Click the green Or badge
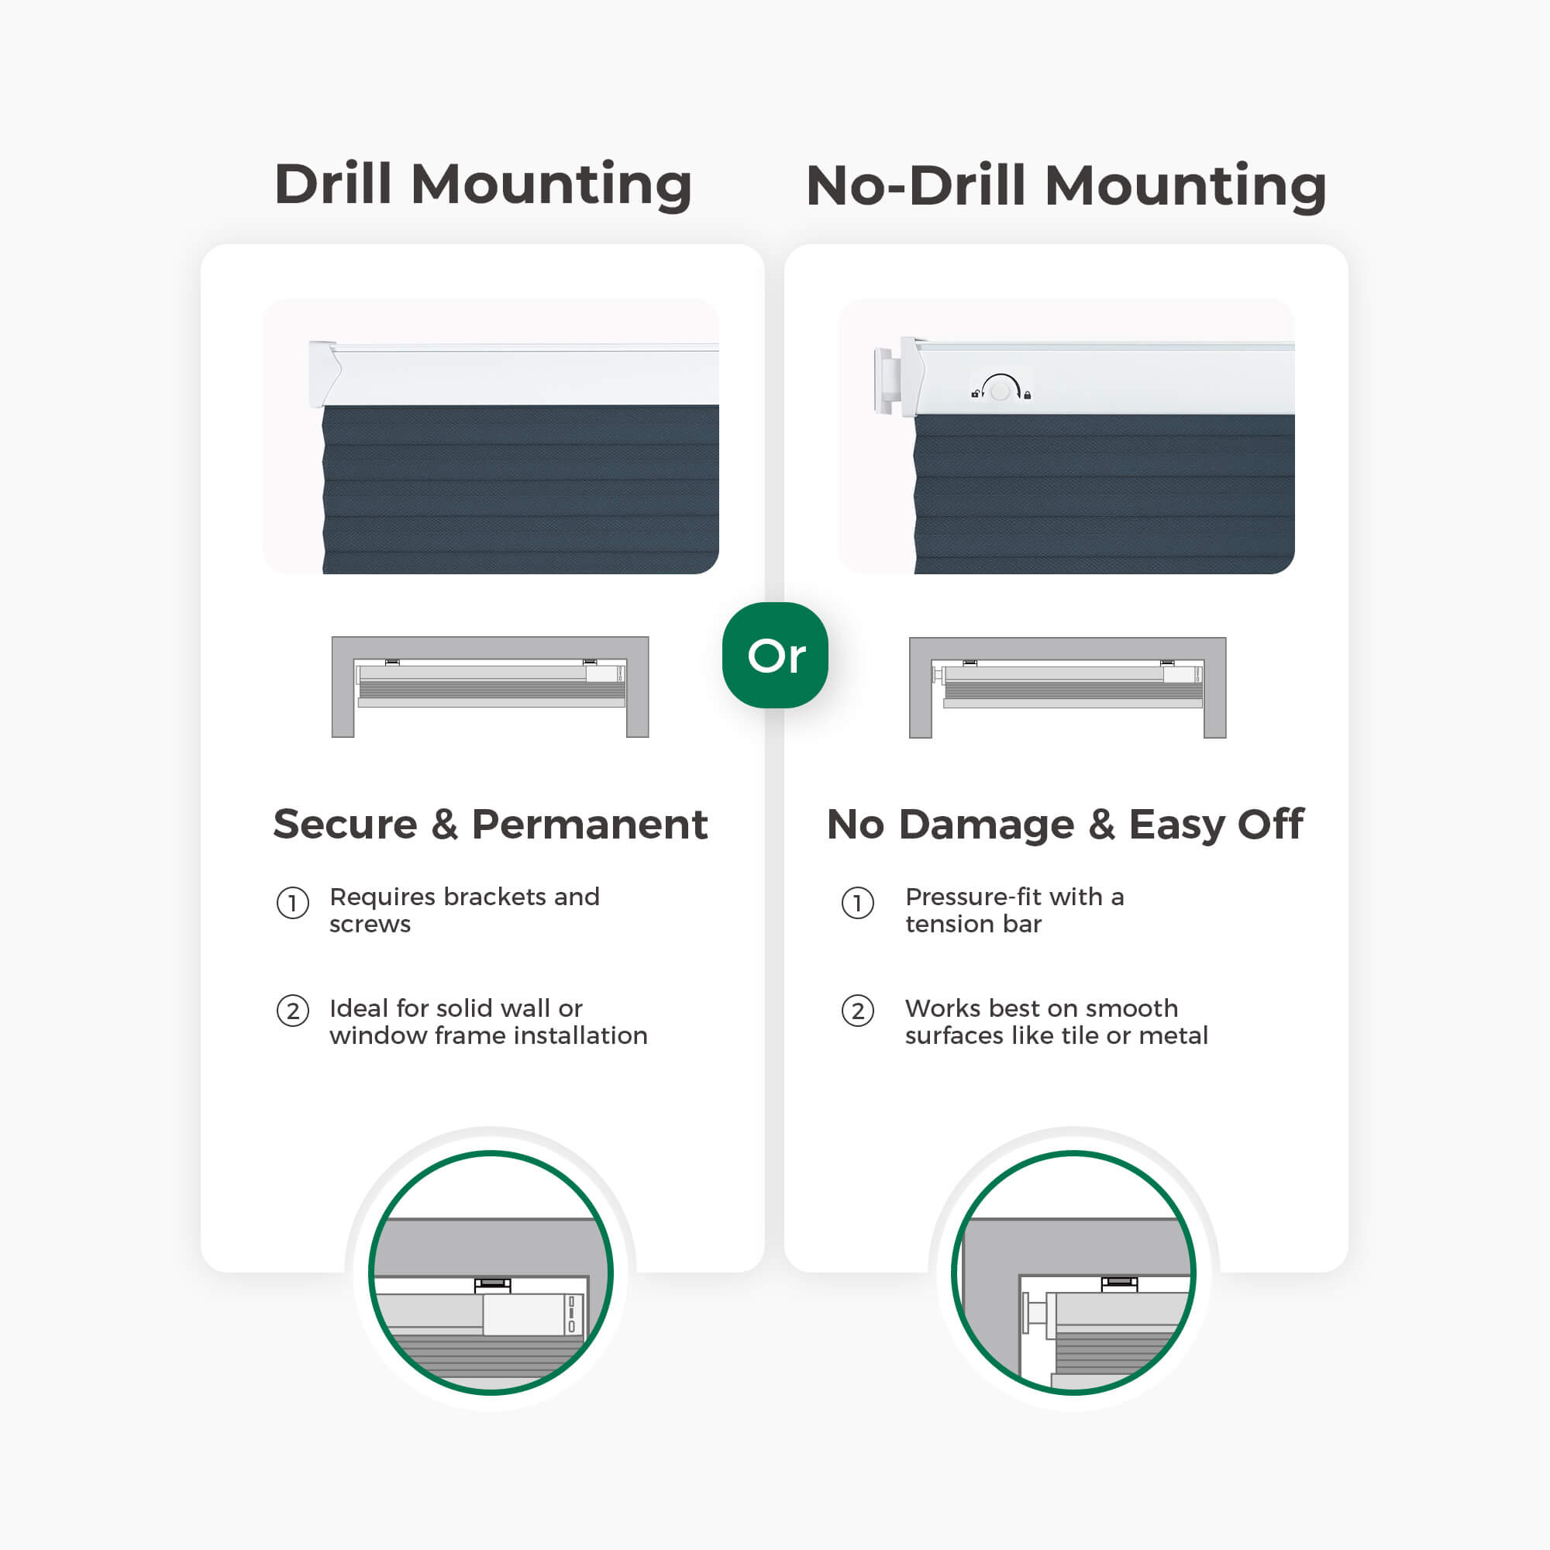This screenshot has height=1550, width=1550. tap(775, 655)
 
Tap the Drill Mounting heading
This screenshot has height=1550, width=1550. tap(483, 184)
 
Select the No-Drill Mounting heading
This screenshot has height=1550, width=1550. tap(1066, 186)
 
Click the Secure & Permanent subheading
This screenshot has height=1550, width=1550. tap(491, 824)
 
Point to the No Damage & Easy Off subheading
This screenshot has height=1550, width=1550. tap(1066, 825)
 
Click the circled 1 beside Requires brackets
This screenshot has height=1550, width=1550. tap(293, 904)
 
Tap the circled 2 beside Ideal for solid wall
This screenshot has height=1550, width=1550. tap(293, 1011)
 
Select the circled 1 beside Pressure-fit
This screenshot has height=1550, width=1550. tap(858, 904)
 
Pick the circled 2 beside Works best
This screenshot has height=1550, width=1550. tap(858, 1011)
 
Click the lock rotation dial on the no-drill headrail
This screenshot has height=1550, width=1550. tap(1001, 389)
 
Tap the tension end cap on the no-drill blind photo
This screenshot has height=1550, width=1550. tap(883, 381)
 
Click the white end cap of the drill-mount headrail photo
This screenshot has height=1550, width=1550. tap(325, 373)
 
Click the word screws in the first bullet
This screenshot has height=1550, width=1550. tap(370, 925)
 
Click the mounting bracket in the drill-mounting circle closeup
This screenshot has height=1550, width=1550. tap(493, 1285)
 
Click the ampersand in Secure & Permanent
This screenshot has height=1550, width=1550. tap(444, 825)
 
